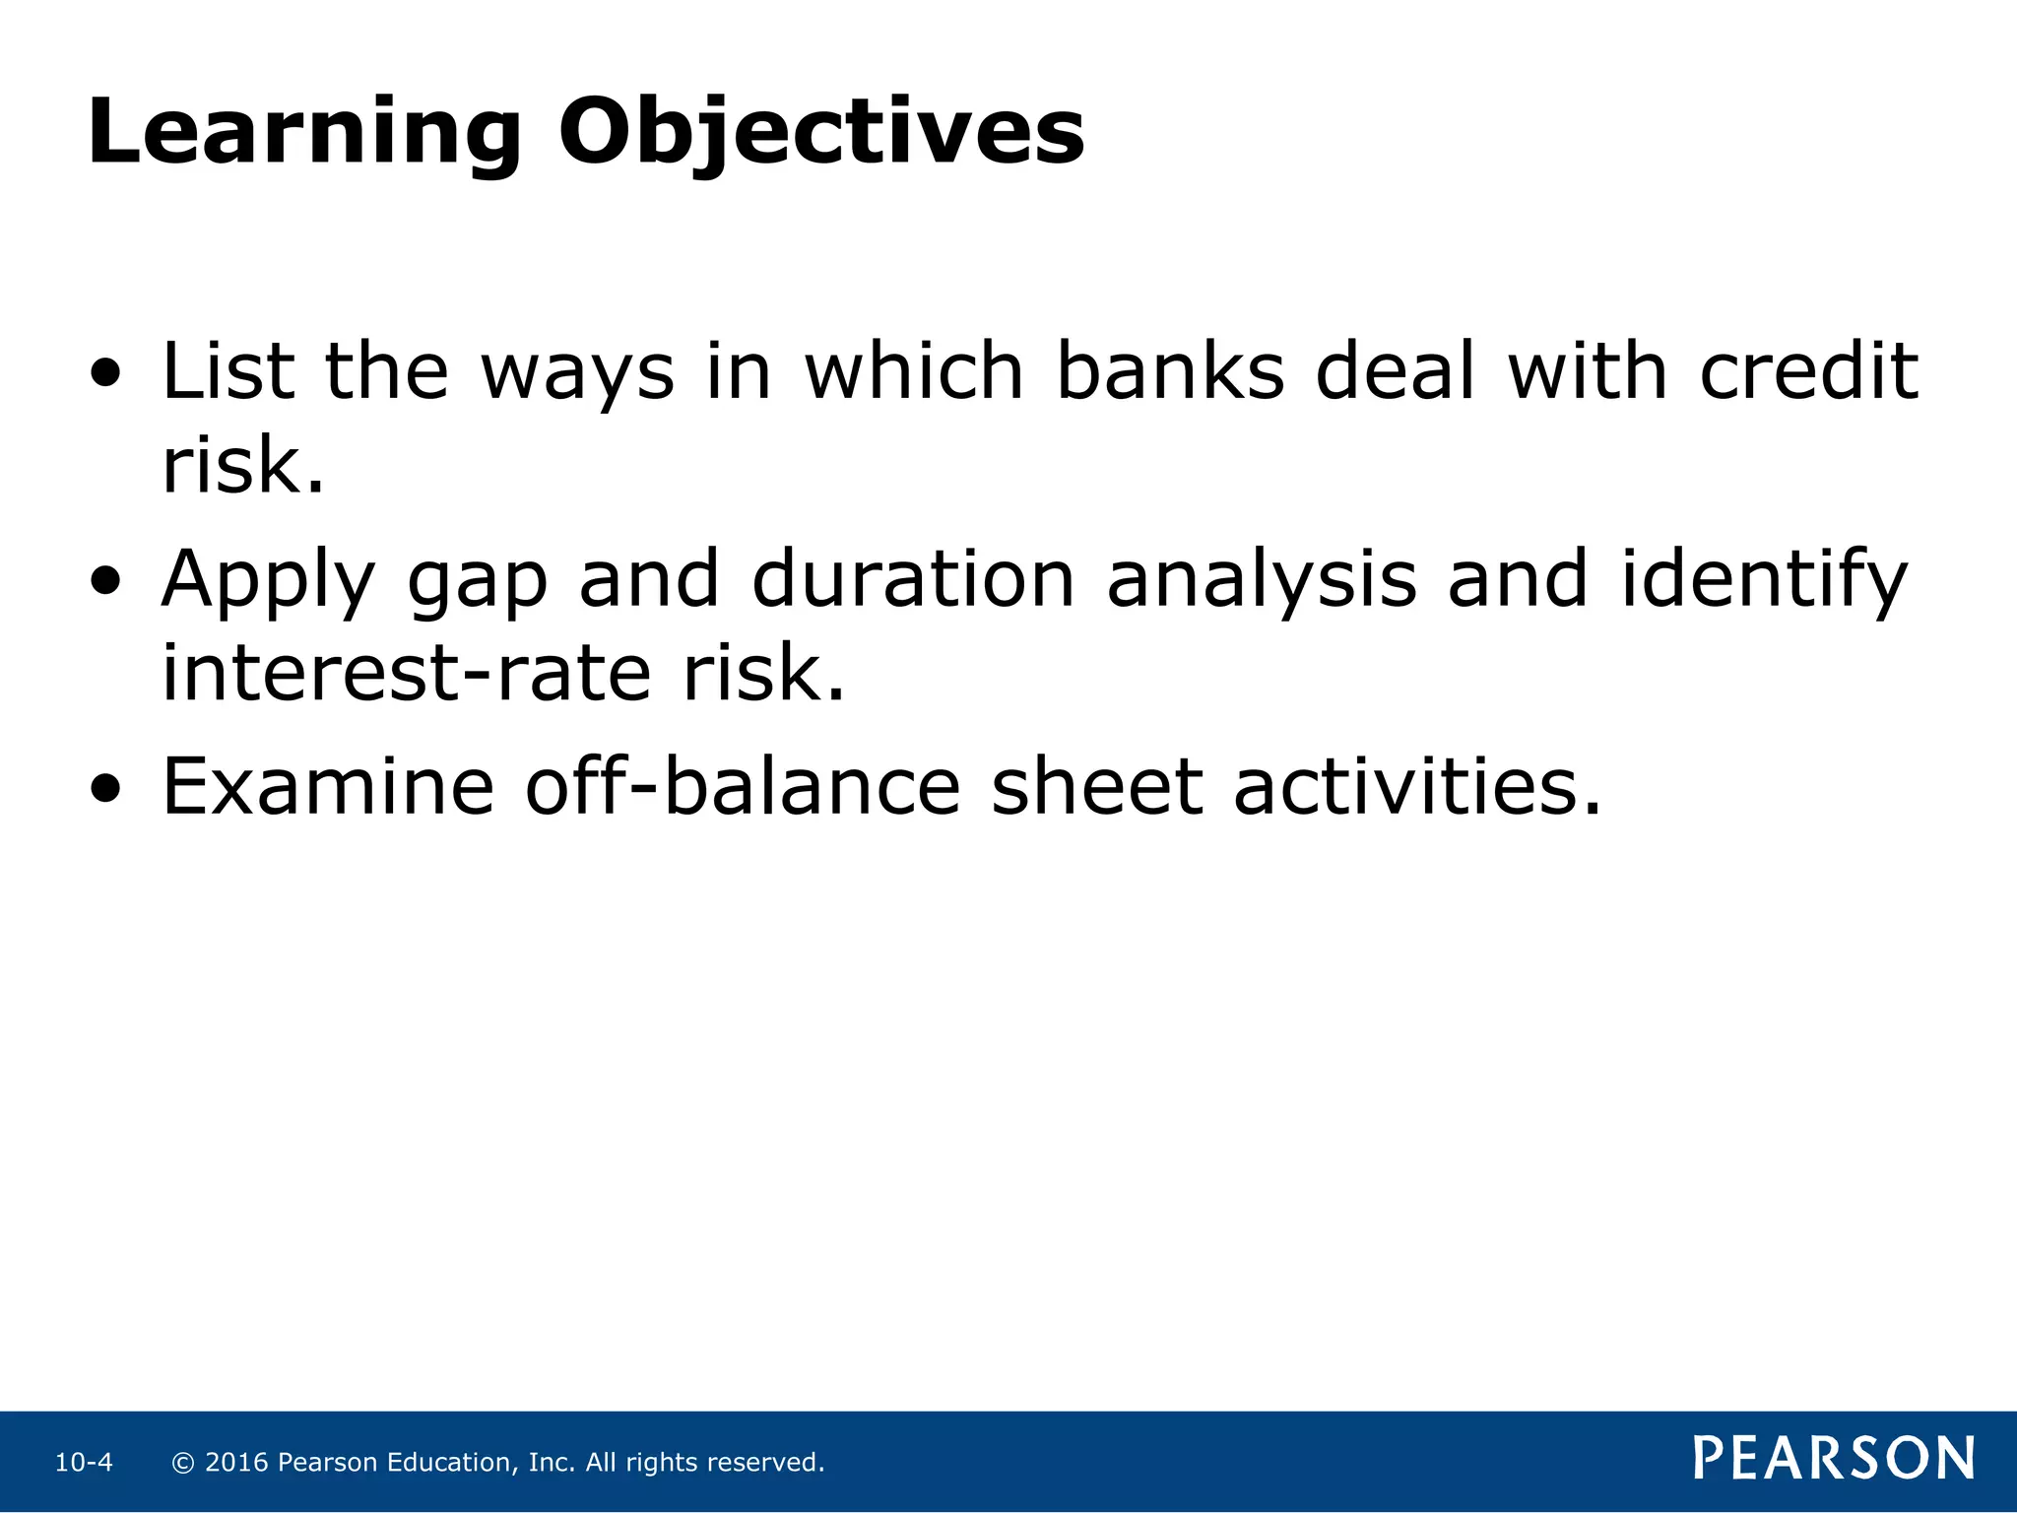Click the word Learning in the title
303,133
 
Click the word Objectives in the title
821,133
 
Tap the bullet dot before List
105,374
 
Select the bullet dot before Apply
105,581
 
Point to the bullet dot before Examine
105,788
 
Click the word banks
1170,372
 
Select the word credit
1809,372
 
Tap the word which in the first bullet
915,372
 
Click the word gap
477,581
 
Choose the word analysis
1262,581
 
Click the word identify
1764,581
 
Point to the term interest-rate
406,674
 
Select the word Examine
328,787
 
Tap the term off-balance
742,787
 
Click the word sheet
1096,787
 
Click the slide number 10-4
84,1463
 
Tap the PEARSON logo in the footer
1834,1459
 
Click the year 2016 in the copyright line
236,1463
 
